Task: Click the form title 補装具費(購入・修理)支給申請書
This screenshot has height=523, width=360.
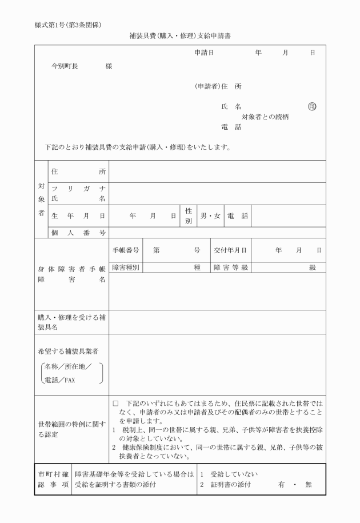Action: pyautogui.click(x=179, y=36)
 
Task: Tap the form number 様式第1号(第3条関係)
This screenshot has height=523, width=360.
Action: pyautogui.click(x=68, y=25)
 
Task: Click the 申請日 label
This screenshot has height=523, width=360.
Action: pyautogui.click(x=204, y=52)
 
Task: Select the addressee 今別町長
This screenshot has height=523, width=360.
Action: pyautogui.click(x=68, y=66)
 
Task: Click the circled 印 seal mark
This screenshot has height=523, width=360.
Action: pyautogui.click(x=312, y=106)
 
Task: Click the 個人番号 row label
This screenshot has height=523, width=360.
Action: pyautogui.click(x=78, y=233)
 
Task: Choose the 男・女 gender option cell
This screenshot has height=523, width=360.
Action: pyautogui.click(x=210, y=217)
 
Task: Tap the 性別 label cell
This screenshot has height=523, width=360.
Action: pyautogui.click(x=188, y=217)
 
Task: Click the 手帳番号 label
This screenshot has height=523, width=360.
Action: pyautogui.click(x=126, y=250)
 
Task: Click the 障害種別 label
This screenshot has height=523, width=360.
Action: pyautogui.click(x=126, y=267)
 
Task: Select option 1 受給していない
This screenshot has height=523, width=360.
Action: pyautogui.click(x=229, y=474)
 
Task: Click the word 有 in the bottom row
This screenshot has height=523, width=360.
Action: pyautogui.click(x=282, y=485)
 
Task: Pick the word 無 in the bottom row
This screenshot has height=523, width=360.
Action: pyautogui.click(x=309, y=485)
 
